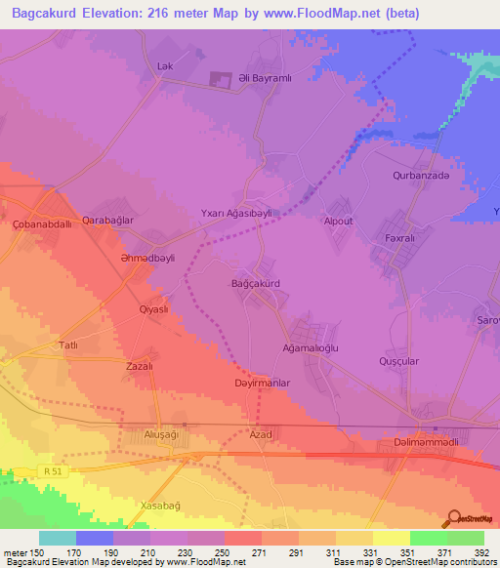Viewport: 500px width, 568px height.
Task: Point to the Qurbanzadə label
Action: (421, 176)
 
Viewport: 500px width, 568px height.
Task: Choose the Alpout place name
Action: (339, 221)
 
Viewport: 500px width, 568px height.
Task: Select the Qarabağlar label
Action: (107, 221)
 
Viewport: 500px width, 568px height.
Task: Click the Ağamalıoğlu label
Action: (311, 345)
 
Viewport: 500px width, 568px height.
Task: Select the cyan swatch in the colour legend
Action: (58, 537)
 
